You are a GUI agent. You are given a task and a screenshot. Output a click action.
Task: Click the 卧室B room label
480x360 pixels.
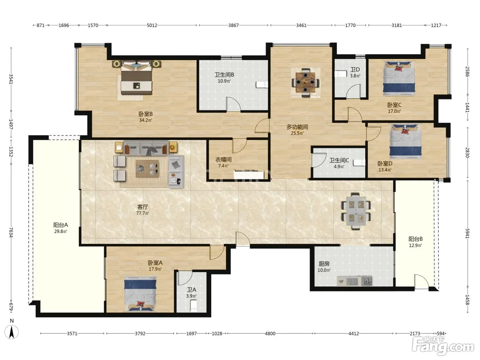(x=145, y=114)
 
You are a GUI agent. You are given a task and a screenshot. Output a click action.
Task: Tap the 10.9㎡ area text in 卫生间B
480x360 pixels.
(x=224, y=81)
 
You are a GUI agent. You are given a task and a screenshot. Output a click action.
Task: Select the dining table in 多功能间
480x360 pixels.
(x=305, y=83)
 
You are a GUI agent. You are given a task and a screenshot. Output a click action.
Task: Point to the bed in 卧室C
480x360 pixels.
(x=399, y=79)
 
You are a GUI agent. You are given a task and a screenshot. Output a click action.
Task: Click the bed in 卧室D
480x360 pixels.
(x=406, y=141)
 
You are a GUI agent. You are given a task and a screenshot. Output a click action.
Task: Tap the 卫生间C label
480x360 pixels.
(x=339, y=160)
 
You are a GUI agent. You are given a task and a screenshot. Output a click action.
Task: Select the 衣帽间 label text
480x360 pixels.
(x=223, y=159)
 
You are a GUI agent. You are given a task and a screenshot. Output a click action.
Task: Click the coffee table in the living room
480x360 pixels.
(x=147, y=169)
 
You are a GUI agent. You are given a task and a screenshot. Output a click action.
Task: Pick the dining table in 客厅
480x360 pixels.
(x=356, y=211)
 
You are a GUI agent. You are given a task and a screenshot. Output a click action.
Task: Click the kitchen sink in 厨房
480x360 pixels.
(x=367, y=281)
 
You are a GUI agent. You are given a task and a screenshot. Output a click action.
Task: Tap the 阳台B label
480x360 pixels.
(x=416, y=239)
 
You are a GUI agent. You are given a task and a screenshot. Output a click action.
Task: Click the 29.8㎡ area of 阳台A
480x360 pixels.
(x=61, y=231)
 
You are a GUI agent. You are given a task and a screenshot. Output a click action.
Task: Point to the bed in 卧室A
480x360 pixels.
(x=140, y=294)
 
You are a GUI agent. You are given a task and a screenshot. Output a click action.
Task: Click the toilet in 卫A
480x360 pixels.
(x=193, y=305)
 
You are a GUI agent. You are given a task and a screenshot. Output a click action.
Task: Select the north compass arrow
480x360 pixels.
(x=12, y=332)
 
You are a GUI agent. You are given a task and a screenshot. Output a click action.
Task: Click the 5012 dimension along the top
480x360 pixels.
(x=152, y=25)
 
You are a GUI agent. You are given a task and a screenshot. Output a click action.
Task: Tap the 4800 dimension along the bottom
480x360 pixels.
(x=270, y=334)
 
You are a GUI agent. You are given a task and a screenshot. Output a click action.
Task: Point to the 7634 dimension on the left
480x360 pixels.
(x=11, y=232)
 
